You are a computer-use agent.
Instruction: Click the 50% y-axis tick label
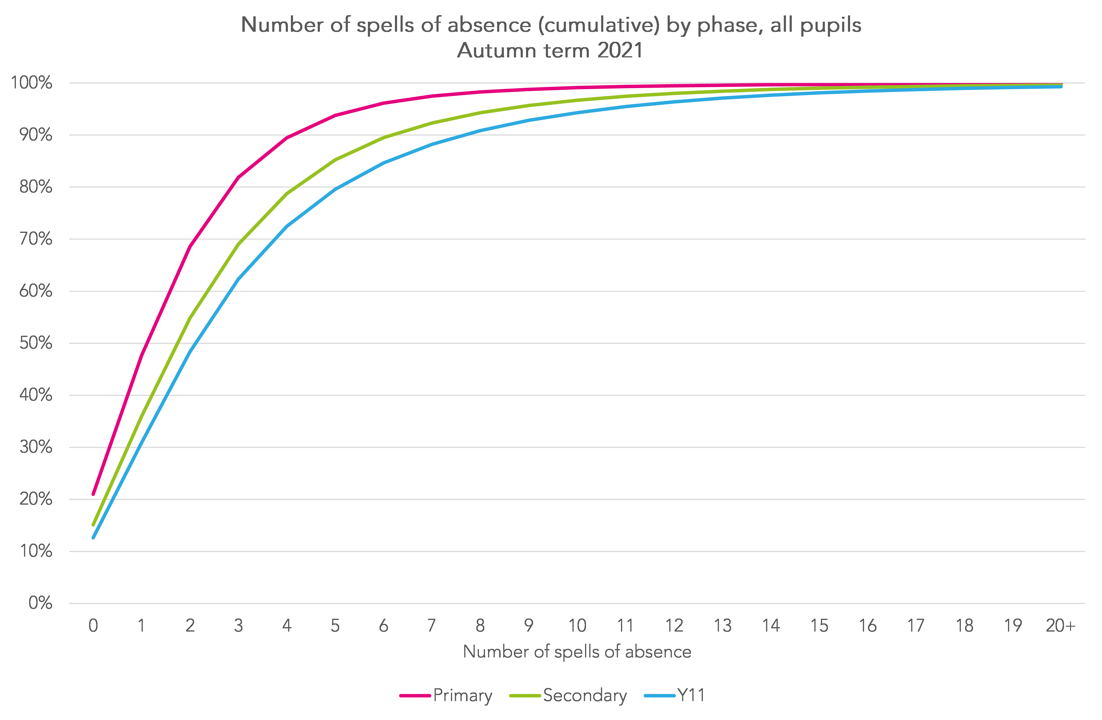point(36,343)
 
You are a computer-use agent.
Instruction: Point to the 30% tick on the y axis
point(36,447)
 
